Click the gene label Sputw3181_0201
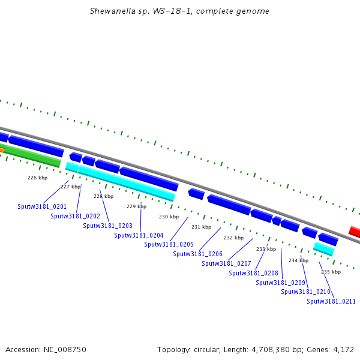point(42,206)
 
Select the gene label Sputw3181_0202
point(75,216)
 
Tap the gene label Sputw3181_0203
point(107,226)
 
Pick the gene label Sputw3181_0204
point(139,235)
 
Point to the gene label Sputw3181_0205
point(169,244)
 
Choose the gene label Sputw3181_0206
point(197,254)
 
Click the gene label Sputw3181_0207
point(226,263)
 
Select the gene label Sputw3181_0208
point(253,273)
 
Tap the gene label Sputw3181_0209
point(280,283)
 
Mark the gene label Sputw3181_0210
point(305,292)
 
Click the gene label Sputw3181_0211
point(331,301)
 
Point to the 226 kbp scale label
point(37,178)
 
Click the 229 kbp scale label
point(136,206)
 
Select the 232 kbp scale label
point(233,238)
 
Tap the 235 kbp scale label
point(331,272)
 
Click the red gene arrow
point(355,232)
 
